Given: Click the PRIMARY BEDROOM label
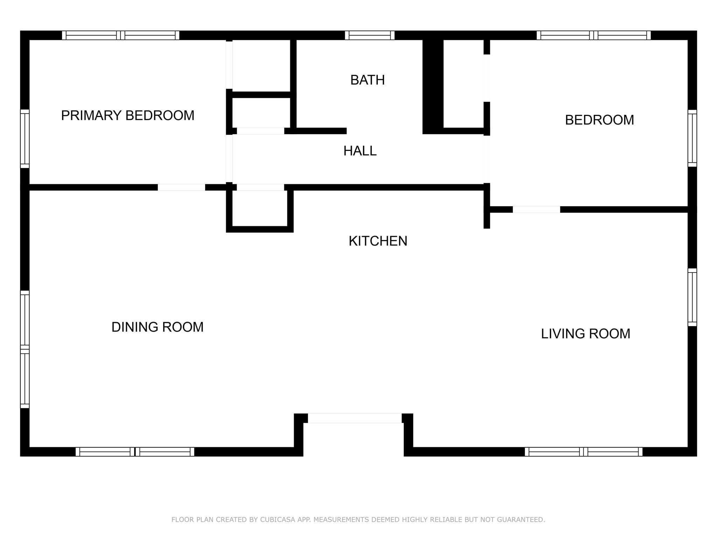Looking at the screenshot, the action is point(128,116).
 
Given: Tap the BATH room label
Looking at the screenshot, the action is point(368,80).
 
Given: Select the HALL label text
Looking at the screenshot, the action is point(360,151).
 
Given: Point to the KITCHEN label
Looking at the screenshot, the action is point(378,241).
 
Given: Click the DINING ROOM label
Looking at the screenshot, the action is point(158,327).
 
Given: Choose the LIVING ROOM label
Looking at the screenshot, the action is point(586,334).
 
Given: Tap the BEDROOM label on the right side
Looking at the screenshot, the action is point(599,120).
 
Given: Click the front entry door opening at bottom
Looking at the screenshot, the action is point(355,418).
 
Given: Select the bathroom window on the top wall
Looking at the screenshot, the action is point(370,35).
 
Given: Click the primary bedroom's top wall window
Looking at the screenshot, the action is point(121,35).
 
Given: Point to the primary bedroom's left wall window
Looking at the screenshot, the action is point(25,139).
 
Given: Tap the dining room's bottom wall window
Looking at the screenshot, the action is point(135,452).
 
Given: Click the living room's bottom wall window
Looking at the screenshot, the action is point(584,452).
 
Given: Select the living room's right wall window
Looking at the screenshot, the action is point(692,297).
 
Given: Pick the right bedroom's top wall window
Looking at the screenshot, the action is point(594,35).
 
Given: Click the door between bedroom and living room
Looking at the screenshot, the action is point(536,209).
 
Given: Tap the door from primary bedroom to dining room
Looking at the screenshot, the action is point(181,187).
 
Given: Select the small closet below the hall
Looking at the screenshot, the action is point(260,209).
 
